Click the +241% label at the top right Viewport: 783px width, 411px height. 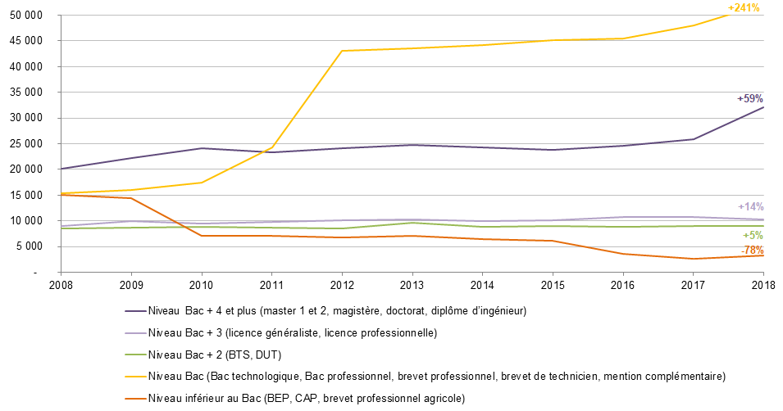pos(744,7)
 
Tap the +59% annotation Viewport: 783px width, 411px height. pos(749,98)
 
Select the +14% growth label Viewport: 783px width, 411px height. pos(750,206)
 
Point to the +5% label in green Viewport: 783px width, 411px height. pos(753,235)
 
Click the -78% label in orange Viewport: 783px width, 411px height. pos(752,250)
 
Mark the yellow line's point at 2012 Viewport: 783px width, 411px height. pos(342,51)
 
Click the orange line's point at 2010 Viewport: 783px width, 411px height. pos(202,236)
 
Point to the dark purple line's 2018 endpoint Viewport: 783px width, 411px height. pos(763,107)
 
